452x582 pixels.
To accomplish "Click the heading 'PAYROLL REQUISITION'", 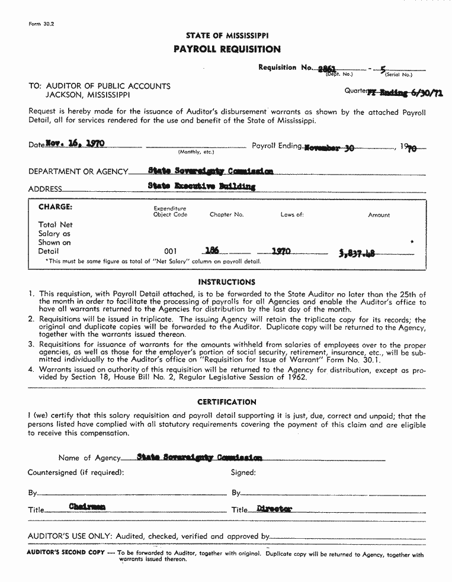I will (x=227, y=49).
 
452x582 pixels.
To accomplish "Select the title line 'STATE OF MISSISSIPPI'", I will (x=227, y=36).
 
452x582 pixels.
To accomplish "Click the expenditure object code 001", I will (x=170, y=251).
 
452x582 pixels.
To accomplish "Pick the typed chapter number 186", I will (x=211, y=250).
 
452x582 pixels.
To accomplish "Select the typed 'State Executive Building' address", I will (x=201, y=187).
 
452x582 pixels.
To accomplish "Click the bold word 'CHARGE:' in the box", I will (x=55, y=207).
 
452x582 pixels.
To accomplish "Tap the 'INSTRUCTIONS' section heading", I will (x=226, y=282).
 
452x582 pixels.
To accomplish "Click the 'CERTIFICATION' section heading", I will (x=226, y=402).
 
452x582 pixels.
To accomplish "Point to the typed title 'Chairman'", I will (x=87, y=507).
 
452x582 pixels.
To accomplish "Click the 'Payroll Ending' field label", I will (x=277, y=146).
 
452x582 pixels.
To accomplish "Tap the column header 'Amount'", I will (x=379, y=215).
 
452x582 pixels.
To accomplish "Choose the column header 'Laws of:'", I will (x=292, y=215).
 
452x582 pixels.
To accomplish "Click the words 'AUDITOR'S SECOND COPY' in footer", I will (x=66, y=552).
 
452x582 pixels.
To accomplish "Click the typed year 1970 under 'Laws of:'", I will (x=281, y=251).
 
